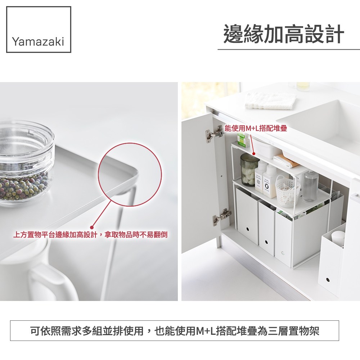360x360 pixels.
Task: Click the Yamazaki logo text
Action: point(38,42)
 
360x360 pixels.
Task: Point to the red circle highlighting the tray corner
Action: point(130,143)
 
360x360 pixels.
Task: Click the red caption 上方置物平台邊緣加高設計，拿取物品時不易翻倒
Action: point(90,235)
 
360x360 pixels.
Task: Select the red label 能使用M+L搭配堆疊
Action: point(256,129)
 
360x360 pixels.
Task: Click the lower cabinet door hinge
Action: point(221,216)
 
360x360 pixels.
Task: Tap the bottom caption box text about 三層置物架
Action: point(175,331)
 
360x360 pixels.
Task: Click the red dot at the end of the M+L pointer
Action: point(254,154)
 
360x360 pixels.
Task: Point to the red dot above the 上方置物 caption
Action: point(92,227)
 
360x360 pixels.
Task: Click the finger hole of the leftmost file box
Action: point(248,229)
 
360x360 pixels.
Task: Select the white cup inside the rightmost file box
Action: point(338,238)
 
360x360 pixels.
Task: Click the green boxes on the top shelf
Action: point(243,140)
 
